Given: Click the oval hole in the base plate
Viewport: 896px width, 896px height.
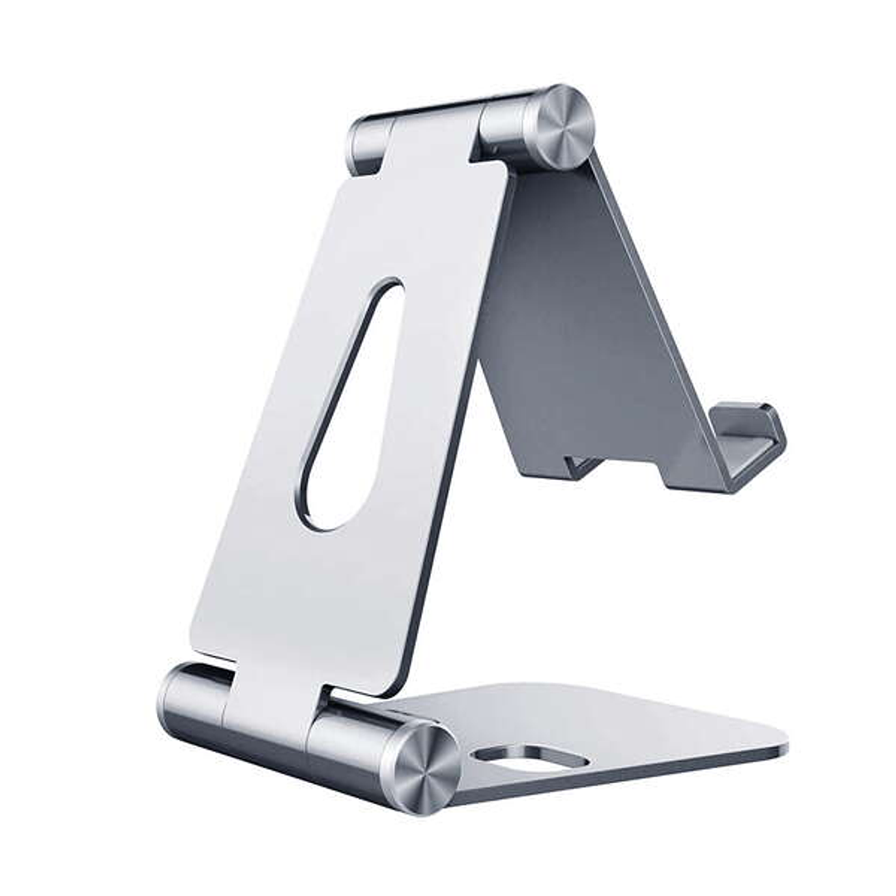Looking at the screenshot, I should [x=531, y=756].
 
